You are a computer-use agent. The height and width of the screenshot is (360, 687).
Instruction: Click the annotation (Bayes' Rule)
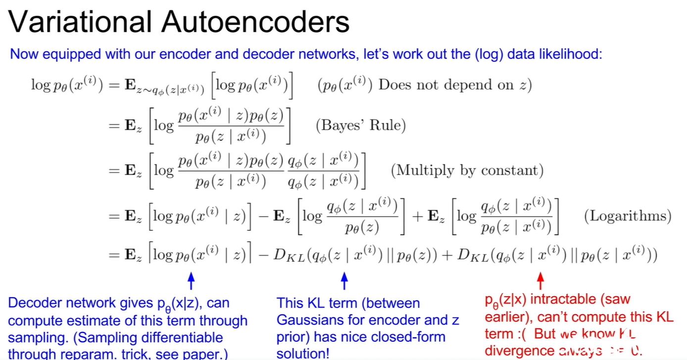361,125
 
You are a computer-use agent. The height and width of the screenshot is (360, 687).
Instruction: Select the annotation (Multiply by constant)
467,171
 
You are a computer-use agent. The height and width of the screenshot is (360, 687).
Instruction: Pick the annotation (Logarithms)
628,216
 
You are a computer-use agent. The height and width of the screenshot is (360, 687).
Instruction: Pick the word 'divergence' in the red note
519,351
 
